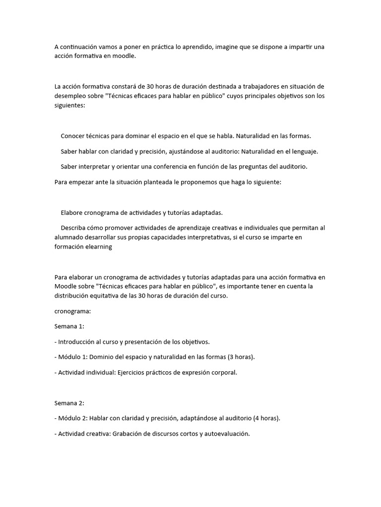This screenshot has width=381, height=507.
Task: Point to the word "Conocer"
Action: (x=73, y=136)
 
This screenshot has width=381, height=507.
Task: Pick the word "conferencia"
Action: (x=165, y=166)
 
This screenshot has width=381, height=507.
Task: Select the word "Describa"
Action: (x=74, y=228)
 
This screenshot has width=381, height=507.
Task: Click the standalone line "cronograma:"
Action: (x=72, y=311)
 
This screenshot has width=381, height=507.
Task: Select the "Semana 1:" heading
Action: (x=69, y=326)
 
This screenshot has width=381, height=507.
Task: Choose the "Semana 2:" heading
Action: (x=69, y=403)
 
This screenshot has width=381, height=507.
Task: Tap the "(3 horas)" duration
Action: (x=242, y=357)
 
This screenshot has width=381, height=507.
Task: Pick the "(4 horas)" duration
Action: (x=266, y=418)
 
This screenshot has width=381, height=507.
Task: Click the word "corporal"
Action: (x=224, y=372)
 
